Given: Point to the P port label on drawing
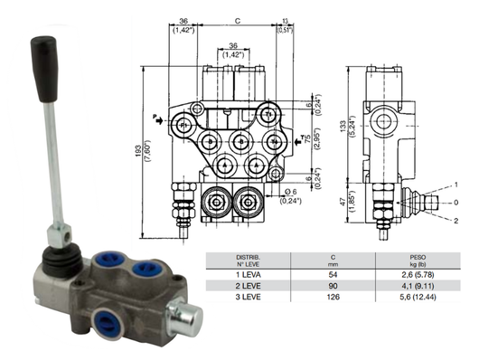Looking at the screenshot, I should point(155,116).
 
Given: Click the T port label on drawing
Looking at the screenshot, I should point(303,138).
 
